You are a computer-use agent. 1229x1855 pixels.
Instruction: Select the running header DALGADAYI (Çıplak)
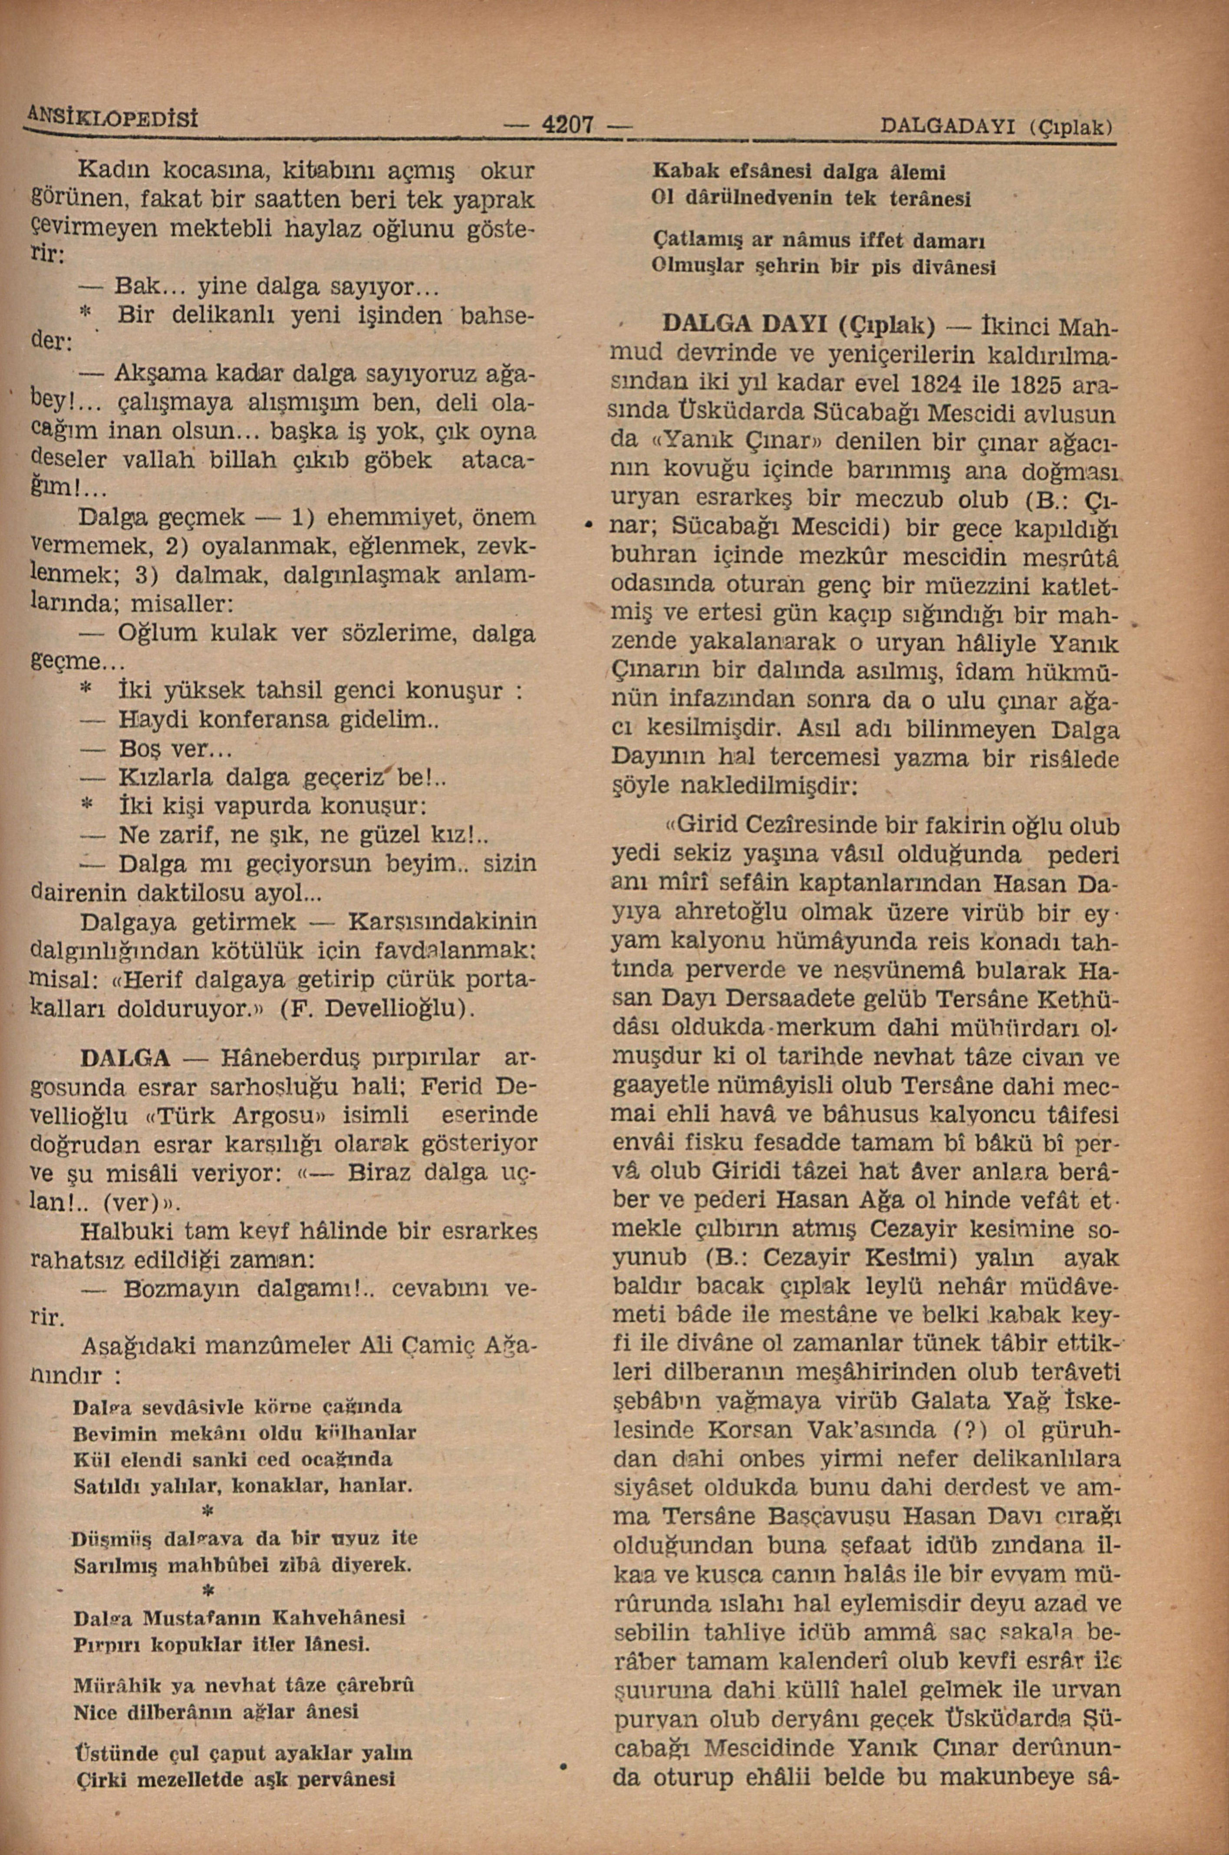tap(997, 125)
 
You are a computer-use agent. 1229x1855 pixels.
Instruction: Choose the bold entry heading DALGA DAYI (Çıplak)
tap(799, 324)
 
